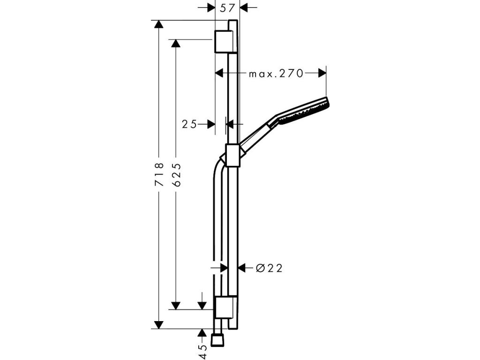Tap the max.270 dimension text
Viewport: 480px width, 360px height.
(x=276, y=73)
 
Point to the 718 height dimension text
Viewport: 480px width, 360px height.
(x=159, y=174)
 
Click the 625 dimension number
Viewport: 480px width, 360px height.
(x=176, y=175)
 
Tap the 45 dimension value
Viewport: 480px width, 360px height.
(x=202, y=351)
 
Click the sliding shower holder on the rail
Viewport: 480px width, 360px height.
(x=232, y=155)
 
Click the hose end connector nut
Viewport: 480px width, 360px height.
(x=217, y=340)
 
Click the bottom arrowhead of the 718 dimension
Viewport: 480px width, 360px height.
(x=159, y=324)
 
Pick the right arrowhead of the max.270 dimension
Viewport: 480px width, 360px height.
(x=322, y=73)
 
